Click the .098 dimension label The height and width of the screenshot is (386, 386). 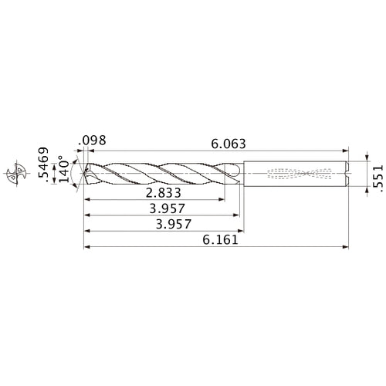91,141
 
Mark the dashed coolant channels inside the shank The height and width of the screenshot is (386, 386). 301,173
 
